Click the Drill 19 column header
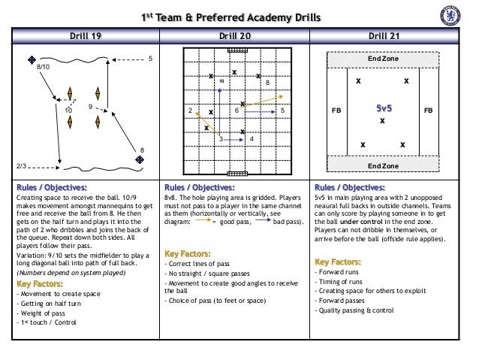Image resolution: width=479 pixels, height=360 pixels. tap(88, 35)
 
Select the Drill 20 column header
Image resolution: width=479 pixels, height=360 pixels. tap(236, 35)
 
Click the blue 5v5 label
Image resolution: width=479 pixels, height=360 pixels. tap(383, 109)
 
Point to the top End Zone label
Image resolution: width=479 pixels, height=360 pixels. tap(383, 57)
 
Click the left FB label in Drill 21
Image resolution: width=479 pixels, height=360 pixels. tap(336, 110)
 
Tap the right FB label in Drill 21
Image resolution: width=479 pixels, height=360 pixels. tap(429, 110)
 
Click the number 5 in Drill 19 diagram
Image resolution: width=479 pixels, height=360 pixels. tap(150, 58)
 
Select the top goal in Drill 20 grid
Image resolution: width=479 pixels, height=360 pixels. tap(236, 51)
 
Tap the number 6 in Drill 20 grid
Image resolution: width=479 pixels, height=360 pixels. tap(236, 110)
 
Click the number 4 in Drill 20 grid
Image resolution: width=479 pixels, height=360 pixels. tap(251, 139)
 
